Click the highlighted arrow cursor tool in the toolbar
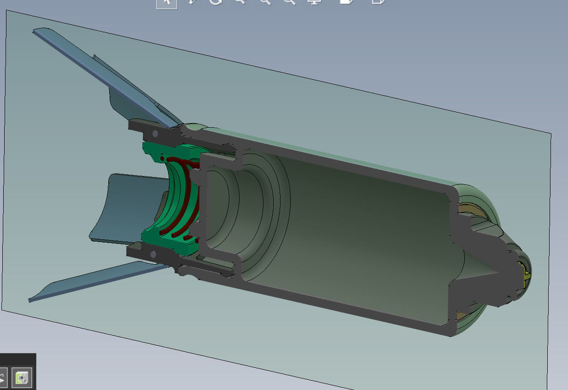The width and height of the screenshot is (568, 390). tap(166, 3)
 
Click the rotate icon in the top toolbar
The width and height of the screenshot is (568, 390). tap(216, 2)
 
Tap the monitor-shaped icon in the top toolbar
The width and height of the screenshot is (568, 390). tap(314, 2)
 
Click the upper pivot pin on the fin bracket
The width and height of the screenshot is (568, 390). tap(155, 134)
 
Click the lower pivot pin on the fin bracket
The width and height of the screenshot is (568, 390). tap(152, 254)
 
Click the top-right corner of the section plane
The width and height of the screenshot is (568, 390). tap(550, 134)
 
